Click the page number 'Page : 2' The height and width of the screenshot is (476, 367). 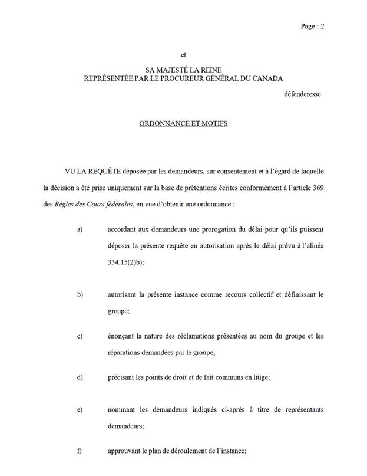[312, 27]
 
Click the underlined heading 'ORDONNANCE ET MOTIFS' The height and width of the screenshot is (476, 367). [183, 124]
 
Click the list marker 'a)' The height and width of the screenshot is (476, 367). [80, 229]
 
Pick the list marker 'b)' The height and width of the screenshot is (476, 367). [80, 294]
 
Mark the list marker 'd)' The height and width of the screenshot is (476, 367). [80, 377]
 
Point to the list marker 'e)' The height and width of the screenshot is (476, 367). [80, 409]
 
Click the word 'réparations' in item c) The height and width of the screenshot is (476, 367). [127, 353]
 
